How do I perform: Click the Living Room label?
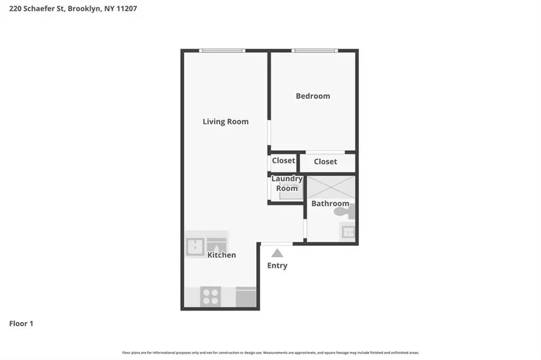pos(225,121)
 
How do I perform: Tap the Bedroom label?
pos(313,96)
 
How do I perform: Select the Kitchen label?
pos(222,255)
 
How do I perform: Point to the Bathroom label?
pos(330,204)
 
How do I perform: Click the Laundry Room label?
pos(287,184)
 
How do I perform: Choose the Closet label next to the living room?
pos(283,161)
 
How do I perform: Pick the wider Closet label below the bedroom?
pos(325,162)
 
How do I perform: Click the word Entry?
pos(277,266)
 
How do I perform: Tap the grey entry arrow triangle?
pos(277,253)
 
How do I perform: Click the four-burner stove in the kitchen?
pos(210,296)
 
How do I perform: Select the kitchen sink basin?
pos(194,246)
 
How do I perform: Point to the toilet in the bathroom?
pos(350,211)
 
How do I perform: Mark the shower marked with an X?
pos(331,186)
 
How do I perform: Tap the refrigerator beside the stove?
pos(246,297)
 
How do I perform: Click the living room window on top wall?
pos(222,50)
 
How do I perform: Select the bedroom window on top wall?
pos(314,50)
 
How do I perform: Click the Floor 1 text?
pos(21,324)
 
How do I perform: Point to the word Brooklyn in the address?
pos(85,8)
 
